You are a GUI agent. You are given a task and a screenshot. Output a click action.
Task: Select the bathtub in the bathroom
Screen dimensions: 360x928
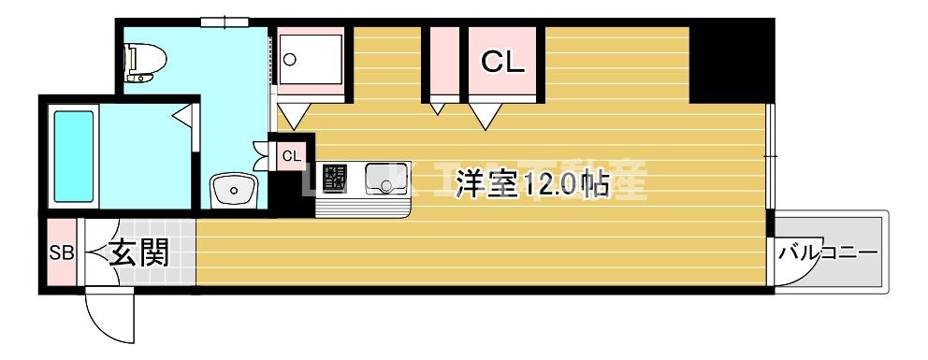[73, 156]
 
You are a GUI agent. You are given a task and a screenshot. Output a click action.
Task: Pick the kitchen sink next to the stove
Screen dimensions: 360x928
[383, 176]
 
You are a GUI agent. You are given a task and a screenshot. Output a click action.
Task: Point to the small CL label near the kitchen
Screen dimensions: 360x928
[292, 155]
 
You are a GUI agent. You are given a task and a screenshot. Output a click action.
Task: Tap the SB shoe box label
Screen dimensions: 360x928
[61, 252]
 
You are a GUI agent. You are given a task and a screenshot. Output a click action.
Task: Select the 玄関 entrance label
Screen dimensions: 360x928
[138, 252]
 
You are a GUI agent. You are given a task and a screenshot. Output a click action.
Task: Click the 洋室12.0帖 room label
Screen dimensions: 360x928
[531, 185]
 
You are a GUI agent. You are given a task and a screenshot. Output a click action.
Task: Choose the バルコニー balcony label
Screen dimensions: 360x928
[829, 252]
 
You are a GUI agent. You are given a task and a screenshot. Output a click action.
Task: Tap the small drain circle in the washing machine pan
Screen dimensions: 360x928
[289, 59]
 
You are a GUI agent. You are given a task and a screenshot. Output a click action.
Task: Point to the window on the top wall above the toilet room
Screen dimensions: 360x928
[225, 20]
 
